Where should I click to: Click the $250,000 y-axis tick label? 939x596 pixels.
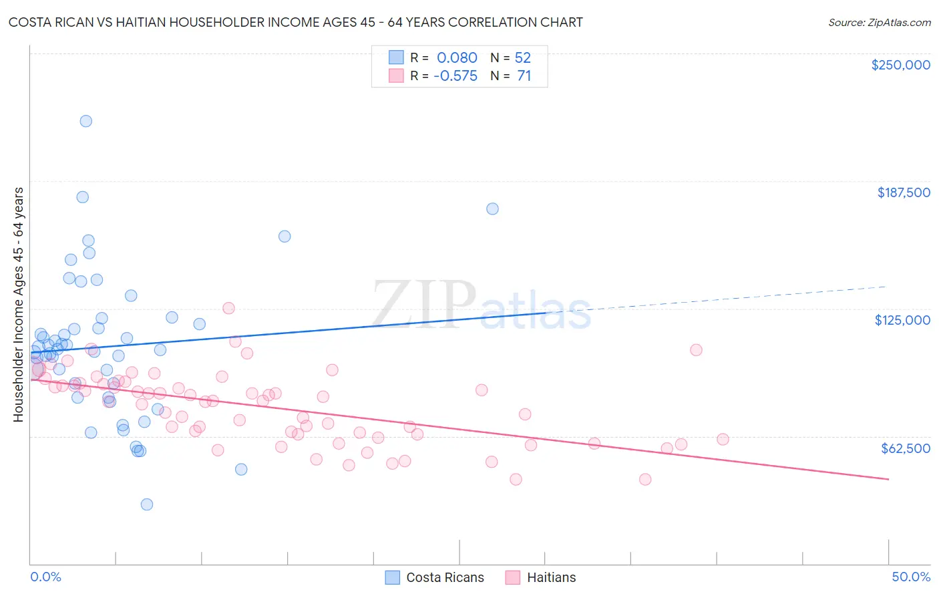(x=900, y=65)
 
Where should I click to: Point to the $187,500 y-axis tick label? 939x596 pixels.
(x=903, y=192)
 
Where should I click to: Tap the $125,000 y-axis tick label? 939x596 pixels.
(x=902, y=320)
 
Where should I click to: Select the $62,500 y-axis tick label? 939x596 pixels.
(x=905, y=448)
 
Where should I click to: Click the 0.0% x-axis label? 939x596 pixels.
(x=45, y=577)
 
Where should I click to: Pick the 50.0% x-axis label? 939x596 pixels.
(x=911, y=577)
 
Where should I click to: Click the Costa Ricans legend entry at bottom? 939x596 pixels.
(x=445, y=577)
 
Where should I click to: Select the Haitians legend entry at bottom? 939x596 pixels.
(x=551, y=577)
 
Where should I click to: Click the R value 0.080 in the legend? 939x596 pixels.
(x=457, y=58)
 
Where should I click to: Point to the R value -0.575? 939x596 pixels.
(x=455, y=76)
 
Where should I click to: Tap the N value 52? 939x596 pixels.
(x=522, y=58)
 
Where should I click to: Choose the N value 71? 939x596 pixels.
(x=524, y=76)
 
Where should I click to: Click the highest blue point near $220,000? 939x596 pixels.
(x=86, y=121)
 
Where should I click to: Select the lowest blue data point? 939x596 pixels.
(x=147, y=504)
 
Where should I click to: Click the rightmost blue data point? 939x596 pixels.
(x=492, y=208)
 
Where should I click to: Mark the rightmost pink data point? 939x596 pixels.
(x=723, y=439)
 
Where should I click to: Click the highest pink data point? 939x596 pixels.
(x=228, y=308)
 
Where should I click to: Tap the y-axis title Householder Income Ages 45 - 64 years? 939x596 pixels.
(x=19, y=305)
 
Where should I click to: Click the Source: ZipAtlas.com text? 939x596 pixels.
(x=879, y=23)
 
